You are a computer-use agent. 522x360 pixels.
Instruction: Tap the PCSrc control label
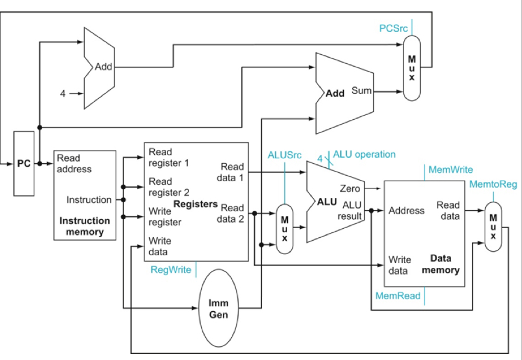click(393, 28)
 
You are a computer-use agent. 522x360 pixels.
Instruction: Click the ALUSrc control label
click(284, 155)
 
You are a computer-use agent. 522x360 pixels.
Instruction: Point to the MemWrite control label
click(450, 170)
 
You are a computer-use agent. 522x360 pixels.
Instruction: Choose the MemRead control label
click(398, 296)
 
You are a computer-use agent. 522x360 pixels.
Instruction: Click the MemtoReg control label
click(492, 184)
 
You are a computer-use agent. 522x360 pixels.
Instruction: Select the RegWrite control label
click(170, 270)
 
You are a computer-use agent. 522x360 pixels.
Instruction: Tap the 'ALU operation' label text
click(364, 154)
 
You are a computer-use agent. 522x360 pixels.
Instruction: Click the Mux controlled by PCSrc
click(412, 67)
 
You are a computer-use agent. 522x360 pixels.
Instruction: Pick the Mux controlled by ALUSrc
click(284, 229)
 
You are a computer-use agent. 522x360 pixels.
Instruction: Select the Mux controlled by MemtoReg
click(493, 226)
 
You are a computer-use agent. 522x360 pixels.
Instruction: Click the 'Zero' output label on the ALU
click(350, 188)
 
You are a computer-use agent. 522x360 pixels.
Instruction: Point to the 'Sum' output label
click(362, 92)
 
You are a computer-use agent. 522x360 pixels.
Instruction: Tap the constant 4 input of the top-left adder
click(63, 94)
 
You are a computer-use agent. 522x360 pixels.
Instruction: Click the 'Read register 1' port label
click(169, 157)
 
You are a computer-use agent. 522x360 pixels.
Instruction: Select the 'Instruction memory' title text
click(85, 226)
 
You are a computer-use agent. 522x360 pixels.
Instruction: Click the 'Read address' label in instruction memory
click(74, 164)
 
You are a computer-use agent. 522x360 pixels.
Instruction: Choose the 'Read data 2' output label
click(231, 214)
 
